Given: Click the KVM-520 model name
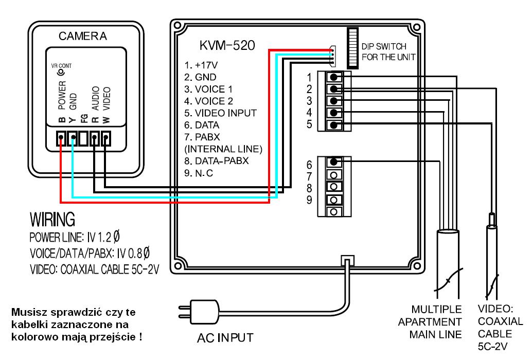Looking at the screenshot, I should (226, 46).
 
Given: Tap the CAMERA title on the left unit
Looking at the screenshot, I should (82, 36).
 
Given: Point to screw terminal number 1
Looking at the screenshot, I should (335, 77).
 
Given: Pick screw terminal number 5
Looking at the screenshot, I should (335, 125).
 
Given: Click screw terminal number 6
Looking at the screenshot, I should (334, 161).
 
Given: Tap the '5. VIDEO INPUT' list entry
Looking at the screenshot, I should (220, 113).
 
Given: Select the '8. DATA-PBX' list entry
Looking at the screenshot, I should (216, 160).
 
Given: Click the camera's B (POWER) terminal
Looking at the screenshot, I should (61, 138).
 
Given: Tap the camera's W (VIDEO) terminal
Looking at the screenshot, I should (106, 138).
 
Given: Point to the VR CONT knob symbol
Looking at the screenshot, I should (61, 73).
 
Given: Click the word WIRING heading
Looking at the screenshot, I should (53, 220).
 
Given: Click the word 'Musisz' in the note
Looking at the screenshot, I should (29, 312).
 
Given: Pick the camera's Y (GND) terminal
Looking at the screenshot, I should (72, 138).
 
